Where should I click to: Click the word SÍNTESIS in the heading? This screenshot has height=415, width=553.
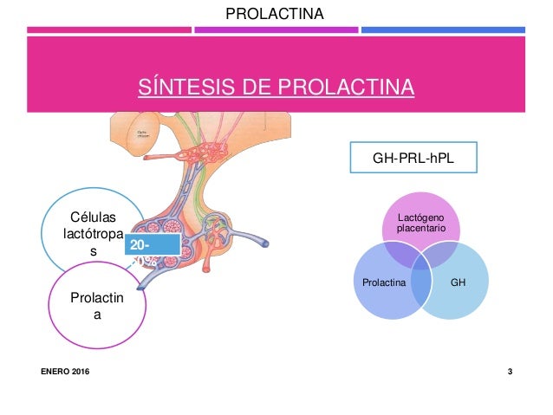point(179,88)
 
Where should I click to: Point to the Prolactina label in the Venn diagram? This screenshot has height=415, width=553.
point(382,283)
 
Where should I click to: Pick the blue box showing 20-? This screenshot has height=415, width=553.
point(152,245)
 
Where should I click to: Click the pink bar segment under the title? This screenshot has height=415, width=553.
point(108,30)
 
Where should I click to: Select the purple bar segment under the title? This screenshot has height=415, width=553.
point(276,30)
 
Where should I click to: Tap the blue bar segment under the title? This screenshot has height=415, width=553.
point(442,30)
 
